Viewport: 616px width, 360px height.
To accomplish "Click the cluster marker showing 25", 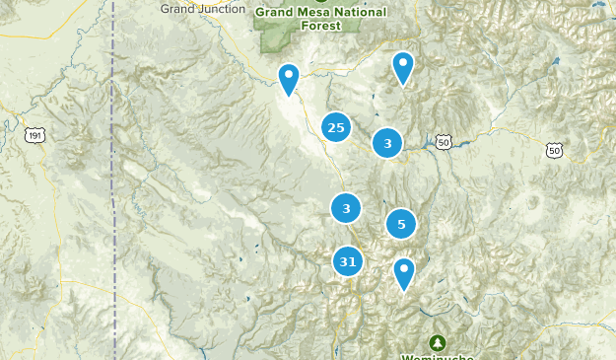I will pyautogui.click(x=335, y=127).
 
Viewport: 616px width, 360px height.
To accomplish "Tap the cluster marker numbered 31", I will pyautogui.click(x=347, y=261).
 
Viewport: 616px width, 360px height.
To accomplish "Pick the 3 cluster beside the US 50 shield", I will pyautogui.click(x=387, y=144).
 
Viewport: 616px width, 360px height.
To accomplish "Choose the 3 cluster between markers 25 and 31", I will pyautogui.click(x=346, y=208).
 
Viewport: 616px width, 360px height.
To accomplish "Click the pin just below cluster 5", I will pyautogui.click(x=404, y=273).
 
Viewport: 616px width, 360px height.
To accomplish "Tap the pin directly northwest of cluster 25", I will pyautogui.click(x=288, y=78).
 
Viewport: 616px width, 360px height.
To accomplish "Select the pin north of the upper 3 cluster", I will pyautogui.click(x=402, y=67).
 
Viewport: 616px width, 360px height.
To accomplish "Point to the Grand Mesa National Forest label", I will pyautogui.click(x=320, y=18).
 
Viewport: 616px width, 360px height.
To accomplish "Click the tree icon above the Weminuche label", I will pyautogui.click(x=437, y=341).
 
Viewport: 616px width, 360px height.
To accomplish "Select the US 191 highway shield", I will pyautogui.click(x=35, y=134).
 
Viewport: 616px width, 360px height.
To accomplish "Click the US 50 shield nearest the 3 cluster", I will pyautogui.click(x=445, y=143).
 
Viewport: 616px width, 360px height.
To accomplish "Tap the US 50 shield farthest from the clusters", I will pyautogui.click(x=555, y=150).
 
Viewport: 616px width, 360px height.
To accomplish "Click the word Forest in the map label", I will pyautogui.click(x=321, y=25).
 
